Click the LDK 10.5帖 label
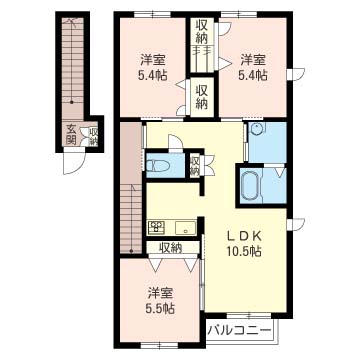pyautogui.click(x=244, y=243)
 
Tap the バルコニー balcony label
pyautogui.click(x=239, y=331)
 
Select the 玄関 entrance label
pyautogui.click(x=71, y=134)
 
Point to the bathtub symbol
pyautogui.click(x=250, y=185)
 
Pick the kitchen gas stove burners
pyautogui.click(x=156, y=227)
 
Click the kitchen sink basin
pyautogui.click(x=186, y=227)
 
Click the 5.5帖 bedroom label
pyautogui.click(x=160, y=300)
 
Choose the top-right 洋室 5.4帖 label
pyautogui.click(x=253, y=67)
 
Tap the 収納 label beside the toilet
pyautogui.click(x=195, y=166)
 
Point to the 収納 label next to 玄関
pyautogui.click(x=94, y=136)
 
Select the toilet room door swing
pyautogui.click(x=175, y=142)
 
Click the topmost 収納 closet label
pyautogui.click(x=202, y=32)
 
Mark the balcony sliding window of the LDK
pyautogui.click(x=249, y=315)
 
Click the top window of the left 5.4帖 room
pyautogui.click(x=152, y=14)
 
